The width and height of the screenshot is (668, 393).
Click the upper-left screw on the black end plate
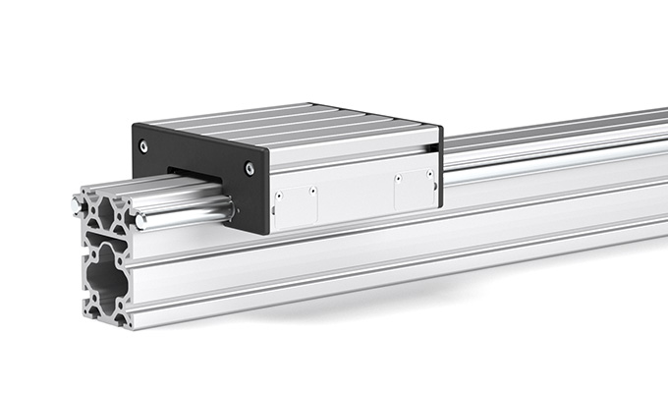pos(144,145)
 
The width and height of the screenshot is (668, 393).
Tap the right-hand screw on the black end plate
pos(250,168)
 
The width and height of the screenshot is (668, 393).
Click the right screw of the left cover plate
pos(311,192)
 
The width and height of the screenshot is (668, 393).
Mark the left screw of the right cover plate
pos(400,179)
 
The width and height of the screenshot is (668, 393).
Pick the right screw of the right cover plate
pos(428,175)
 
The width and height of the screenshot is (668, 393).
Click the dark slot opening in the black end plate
pos(193,177)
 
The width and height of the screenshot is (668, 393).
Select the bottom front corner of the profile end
pos(127,323)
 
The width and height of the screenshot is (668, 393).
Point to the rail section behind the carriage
pos(550,147)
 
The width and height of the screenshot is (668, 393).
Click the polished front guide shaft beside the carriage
pos(187,209)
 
